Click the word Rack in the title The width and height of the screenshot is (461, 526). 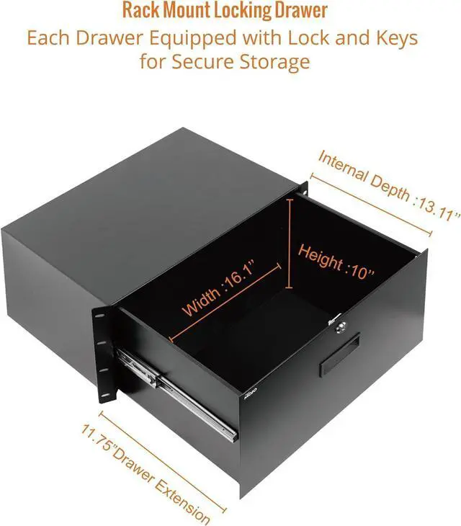click(x=140, y=12)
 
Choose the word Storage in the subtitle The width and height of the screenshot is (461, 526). click(x=274, y=61)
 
